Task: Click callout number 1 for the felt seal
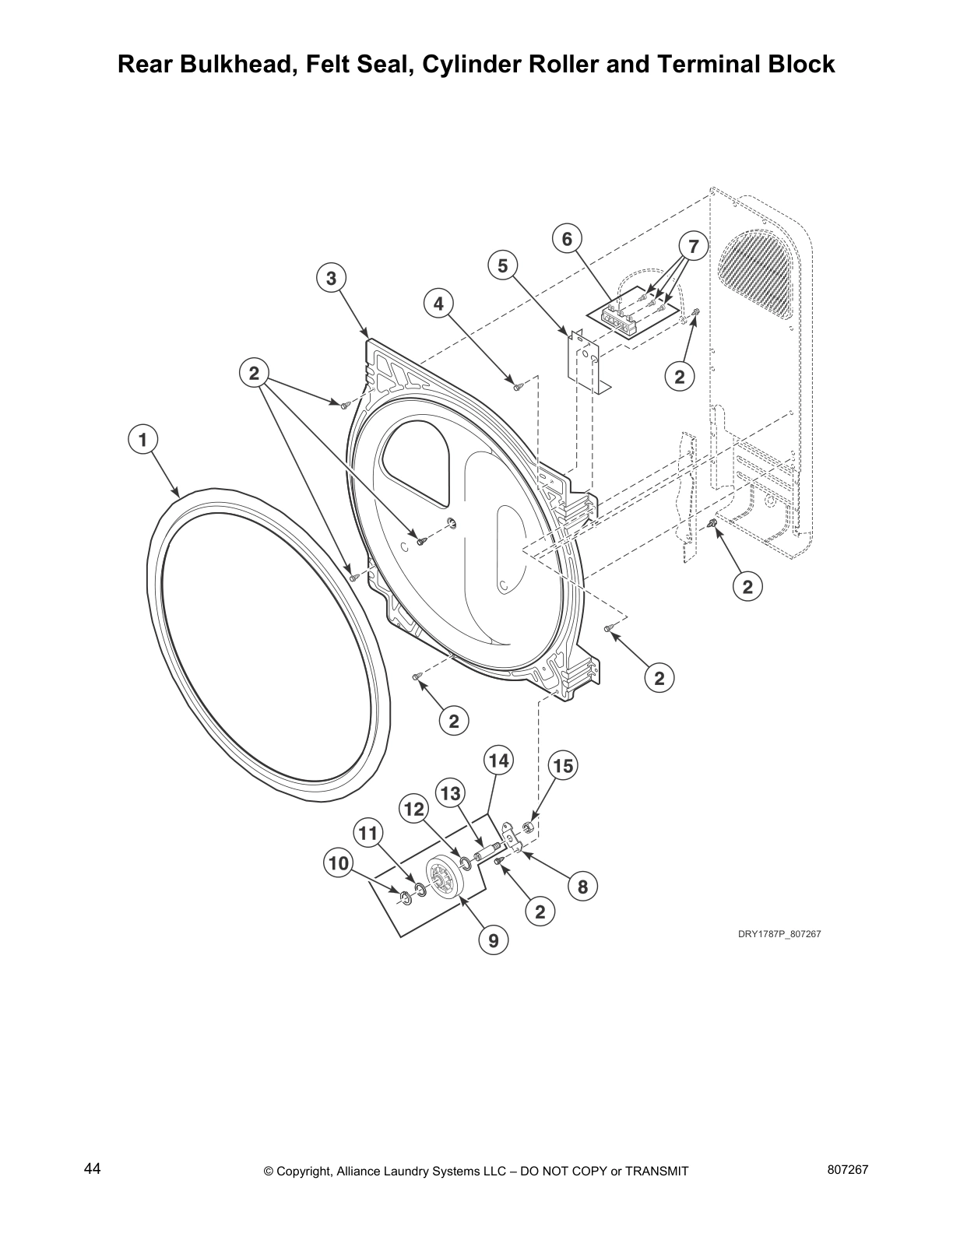142,440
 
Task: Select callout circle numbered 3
331,278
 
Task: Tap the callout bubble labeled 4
438,304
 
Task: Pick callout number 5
502,266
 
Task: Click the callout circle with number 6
567,238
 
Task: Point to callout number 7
693,247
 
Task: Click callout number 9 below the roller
493,940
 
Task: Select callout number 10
339,862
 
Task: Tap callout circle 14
498,760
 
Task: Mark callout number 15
562,766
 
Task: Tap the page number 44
92,1169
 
